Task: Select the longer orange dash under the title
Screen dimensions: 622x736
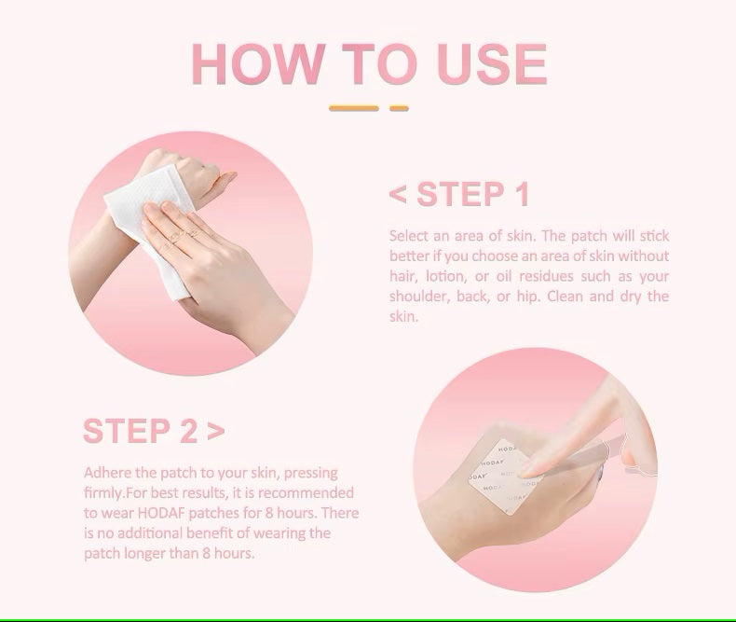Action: pos(354,108)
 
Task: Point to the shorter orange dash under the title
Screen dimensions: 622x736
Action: pos(399,108)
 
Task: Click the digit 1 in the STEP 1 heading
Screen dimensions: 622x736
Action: pos(520,194)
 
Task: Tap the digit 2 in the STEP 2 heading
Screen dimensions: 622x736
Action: pos(185,431)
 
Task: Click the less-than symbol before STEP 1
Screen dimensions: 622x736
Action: pos(398,195)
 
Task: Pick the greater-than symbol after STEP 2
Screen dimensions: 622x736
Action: pos(215,432)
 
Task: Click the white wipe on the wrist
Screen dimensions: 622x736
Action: pos(147,228)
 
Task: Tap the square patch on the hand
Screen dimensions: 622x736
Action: pos(502,476)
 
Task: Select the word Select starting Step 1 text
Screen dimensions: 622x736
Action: pos(408,236)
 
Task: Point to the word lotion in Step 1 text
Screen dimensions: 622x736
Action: pos(445,276)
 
